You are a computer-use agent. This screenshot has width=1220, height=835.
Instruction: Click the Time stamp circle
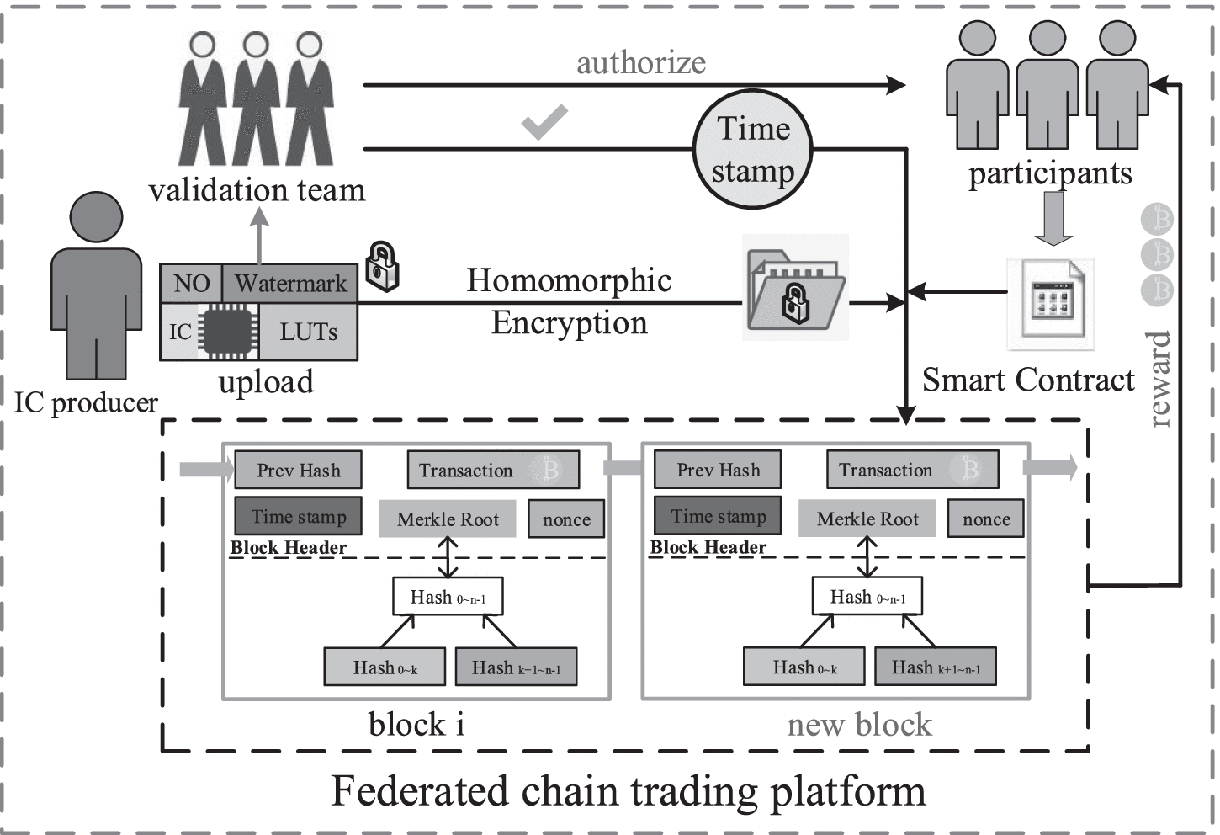(752, 150)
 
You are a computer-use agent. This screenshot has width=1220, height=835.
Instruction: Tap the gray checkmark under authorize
(544, 123)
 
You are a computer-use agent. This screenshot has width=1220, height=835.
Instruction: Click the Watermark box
(290, 283)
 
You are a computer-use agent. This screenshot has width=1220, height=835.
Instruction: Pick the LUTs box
(308, 332)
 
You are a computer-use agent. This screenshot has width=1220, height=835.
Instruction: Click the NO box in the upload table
(191, 283)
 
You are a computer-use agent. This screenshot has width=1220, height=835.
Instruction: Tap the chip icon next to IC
(226, 332)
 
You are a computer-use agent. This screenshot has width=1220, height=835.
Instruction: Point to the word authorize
(640, 62)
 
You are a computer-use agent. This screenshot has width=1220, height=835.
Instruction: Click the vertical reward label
(1159, 379)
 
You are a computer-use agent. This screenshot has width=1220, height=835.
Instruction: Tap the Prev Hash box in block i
(298, 471)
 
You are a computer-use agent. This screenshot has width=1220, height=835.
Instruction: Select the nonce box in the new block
(986, 519)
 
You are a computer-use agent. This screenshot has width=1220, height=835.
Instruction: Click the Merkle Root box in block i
(448, 519)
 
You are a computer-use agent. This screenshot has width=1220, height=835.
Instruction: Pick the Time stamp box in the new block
(718, 516)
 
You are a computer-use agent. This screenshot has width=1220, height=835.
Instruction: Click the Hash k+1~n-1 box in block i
(516, 667)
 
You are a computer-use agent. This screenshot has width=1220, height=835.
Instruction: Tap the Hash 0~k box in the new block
(804, 667)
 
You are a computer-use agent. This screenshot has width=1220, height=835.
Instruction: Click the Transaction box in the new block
(912, 471)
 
